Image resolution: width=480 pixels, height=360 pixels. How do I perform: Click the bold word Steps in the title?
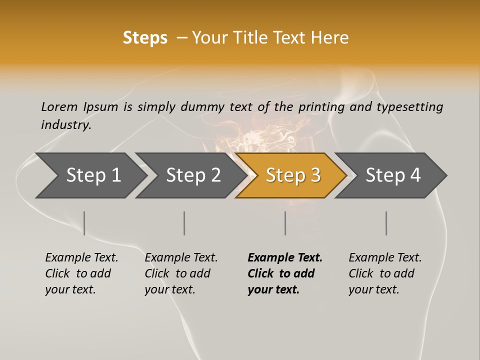coord(145,38)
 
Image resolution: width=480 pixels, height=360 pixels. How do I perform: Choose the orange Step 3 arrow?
coord(293,175)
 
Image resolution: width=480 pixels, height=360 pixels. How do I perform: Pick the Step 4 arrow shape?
coord(393,175)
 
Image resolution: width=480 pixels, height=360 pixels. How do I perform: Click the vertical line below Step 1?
coord(84,223)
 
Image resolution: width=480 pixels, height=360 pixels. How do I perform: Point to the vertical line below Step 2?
coord(184,223)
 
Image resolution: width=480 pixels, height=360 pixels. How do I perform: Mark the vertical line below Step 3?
coord(285,223)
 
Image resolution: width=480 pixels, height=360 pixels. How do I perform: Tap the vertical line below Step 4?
coord(386,223)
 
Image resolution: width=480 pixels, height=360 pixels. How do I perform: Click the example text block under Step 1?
coord(81,273)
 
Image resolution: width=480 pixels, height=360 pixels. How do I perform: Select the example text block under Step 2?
coord(181,273)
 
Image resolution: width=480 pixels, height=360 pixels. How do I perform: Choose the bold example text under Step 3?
coord(285,273)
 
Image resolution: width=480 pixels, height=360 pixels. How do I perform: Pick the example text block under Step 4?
coord(385,273)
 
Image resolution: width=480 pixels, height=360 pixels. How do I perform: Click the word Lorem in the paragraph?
coord(59,107)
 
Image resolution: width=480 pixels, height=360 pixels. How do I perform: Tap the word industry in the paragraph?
coord(66,125)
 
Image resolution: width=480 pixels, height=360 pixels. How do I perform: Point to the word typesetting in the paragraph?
coord(409,107)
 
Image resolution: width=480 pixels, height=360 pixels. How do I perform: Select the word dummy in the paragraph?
coord(202,107)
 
